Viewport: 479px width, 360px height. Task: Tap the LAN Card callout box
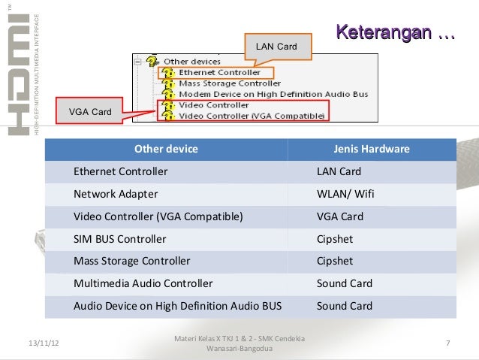[x=276, y=47]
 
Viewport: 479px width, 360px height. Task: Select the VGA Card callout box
[x=90, y=113]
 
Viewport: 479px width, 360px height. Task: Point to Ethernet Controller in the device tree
[x=219, y=72]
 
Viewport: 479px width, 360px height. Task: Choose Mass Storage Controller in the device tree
[x=230, y=83]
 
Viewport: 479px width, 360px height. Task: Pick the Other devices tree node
[x=192, y=61]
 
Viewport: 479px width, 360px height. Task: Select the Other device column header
[x=166, y=150]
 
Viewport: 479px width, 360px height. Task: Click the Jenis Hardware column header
[x=372, y=150]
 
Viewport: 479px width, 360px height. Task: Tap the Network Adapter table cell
[x=116, y=194]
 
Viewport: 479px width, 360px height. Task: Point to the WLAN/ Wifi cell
[x=345, y=194]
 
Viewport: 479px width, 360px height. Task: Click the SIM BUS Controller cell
[x=120, y=239]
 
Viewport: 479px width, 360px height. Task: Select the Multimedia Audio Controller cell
[x=143, y=283]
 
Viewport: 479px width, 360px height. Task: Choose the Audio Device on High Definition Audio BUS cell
[x=178, y=306]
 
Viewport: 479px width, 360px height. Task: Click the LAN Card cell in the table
[x=339, y=171]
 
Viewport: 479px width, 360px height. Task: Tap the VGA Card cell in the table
[x=340, y=216]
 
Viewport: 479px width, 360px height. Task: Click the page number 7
[x=447, y=343]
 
